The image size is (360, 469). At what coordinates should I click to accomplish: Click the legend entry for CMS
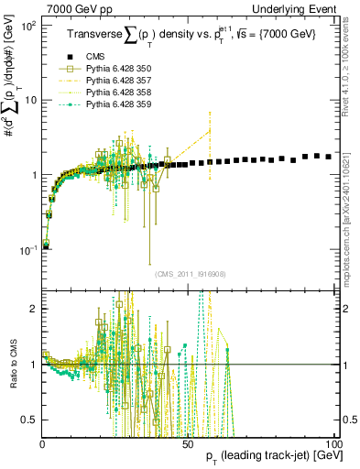pos(97,56)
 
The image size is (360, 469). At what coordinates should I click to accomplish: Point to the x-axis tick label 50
pos(187,443)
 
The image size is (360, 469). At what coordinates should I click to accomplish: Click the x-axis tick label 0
pos(43,443)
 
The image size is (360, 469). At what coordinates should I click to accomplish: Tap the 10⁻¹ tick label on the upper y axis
pos(27,250)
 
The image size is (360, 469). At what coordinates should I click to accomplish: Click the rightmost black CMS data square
pos(329,157)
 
